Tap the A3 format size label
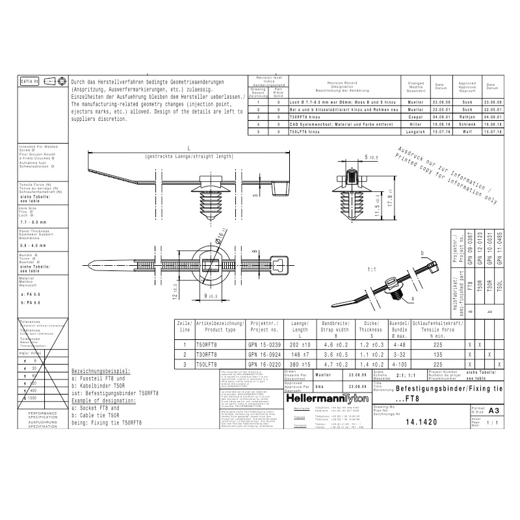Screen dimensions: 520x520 (x=493, y=410)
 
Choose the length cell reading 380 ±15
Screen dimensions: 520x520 (x=302, y=365)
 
